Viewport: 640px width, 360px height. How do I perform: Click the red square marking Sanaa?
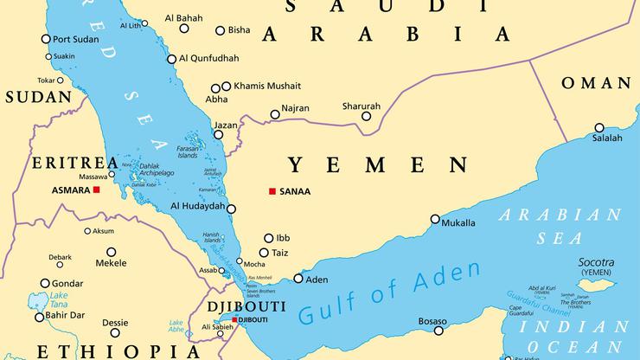(x=272, y=191)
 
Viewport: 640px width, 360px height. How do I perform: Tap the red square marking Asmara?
(x=97, y=190)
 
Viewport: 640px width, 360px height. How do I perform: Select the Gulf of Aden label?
(x=388, y=295)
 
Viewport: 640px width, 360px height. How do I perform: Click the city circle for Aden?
(x=298, y=279)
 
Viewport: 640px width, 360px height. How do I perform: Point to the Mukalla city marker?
(x=435, y=222)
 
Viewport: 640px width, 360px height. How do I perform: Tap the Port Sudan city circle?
(x=45, y=39)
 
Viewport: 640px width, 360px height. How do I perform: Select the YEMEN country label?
(x=378, y=164)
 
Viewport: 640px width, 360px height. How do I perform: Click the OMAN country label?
(x=596, y=83)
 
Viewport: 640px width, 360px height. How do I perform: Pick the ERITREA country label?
(x=62, y=163)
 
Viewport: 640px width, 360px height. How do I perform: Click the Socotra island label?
(x=596, y=262)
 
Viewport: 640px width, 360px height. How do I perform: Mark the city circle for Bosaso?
(x=439, y=331)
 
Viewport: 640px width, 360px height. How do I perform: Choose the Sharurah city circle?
(x=366, y=116)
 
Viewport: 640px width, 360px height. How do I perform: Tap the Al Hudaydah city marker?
(x=231, y=207)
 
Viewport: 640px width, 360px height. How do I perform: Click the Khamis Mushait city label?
(x=266, y=86)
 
